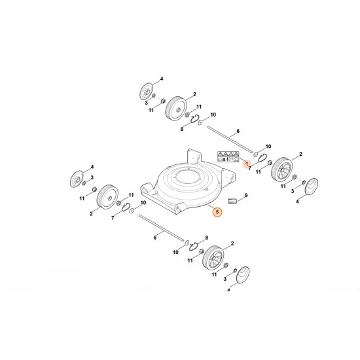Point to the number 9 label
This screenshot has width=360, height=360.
(x=246, y=195)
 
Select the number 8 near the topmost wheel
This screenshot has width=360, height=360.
(x=183, y=129)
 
